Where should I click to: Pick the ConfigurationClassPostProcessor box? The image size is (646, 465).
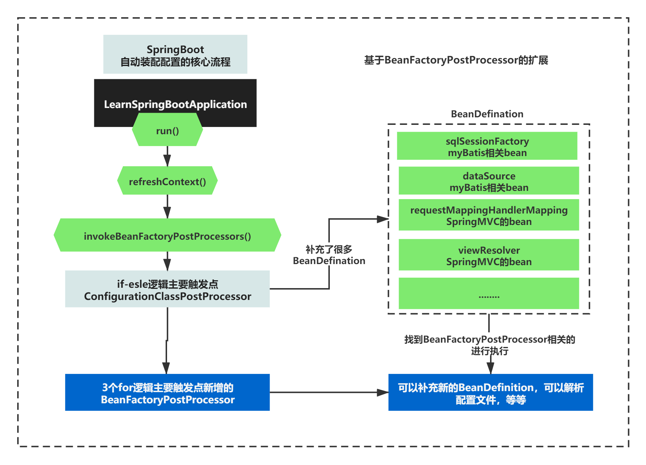click(x=167, y=289)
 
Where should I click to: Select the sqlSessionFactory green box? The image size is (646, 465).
click(x=487, y=146)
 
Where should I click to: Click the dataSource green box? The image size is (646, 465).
click(x=489, y=181)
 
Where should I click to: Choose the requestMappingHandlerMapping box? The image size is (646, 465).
click(x=489, y=215)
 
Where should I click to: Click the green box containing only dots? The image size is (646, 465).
click(x=489, y=293)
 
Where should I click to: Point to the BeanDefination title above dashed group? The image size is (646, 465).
click(x=487, y=114)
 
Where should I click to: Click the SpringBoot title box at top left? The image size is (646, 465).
click(x=175, y=55)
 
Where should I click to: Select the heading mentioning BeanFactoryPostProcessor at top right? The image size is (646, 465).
click(x=456, y=60)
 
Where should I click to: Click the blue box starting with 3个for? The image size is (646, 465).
click(x=167, y=393)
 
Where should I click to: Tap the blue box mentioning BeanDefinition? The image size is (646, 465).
click(x=490, y=393)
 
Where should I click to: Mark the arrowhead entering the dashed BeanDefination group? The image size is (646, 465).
click(x=383, y=219)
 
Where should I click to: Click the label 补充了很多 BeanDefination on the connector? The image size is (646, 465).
click(x=329, y=255)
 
